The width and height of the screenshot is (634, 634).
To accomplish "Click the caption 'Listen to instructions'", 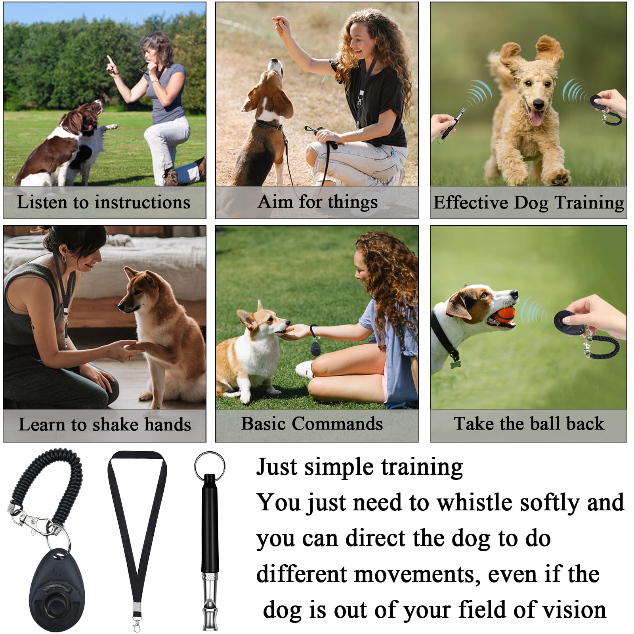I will [x=103, y=202].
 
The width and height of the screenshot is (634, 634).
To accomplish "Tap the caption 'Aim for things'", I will [x=317, y=202].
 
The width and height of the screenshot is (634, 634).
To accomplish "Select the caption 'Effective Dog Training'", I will [x=528, y=202].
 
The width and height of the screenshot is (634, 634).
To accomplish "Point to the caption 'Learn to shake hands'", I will [x=105, y=424].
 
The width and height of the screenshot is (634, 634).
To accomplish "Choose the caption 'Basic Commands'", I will [x=312, y=424].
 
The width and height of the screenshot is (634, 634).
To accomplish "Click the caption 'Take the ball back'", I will [x=529, y=424].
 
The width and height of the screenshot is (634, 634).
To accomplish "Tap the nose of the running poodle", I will [x=538, y=104].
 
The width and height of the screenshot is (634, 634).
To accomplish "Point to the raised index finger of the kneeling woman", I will [x=109, y=60].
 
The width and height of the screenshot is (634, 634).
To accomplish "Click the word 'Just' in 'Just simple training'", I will [x=276, y=467].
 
